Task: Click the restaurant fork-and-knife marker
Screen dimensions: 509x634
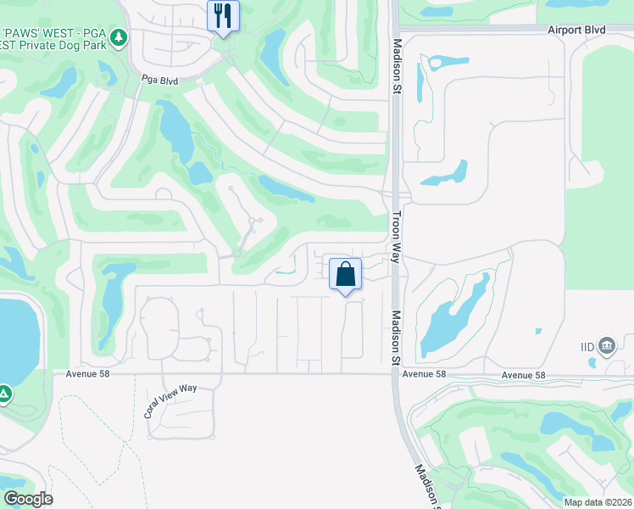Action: coord(223,16)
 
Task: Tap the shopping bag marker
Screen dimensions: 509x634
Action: coord(345,275)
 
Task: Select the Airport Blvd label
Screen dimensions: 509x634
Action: coord(576,30)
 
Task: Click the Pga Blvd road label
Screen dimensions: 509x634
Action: coord(159,81)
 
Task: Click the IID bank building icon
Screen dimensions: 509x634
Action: coord(607,345)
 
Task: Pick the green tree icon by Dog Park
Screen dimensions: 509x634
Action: coord(120,38)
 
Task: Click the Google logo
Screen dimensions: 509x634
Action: coord(28,499)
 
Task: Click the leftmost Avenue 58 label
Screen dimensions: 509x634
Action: coord(88,374)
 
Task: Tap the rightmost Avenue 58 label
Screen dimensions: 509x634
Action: coord(522,375)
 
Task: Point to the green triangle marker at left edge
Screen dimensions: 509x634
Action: coord(4,394)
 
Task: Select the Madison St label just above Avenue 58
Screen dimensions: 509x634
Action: coord(395,337)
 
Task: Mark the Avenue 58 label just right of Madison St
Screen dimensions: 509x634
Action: coord(424,375)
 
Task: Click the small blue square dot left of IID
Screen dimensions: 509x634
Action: coord(539,331)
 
